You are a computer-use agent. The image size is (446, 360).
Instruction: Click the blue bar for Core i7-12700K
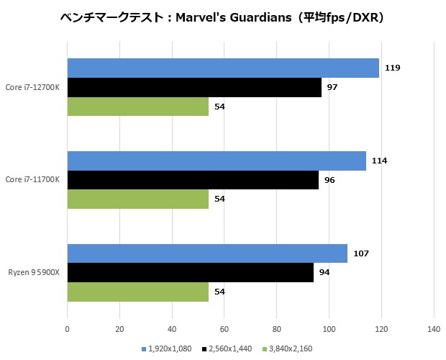click(223, 68)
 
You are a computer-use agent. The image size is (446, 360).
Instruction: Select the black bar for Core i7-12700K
click(194, 87)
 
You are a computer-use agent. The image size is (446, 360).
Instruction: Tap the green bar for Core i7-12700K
click(138, 107)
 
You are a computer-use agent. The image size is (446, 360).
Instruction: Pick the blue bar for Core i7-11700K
click(217, 161)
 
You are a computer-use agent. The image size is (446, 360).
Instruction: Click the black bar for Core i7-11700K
click(193, 180)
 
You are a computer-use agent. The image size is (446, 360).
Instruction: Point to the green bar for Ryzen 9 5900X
click(138, 292)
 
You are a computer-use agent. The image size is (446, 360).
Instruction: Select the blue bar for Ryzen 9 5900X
click(207, 253)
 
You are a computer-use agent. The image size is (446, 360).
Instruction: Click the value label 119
click(392, 68)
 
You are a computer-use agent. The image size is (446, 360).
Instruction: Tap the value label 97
click(332, 87)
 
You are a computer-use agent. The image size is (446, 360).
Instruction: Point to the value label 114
click(379, 161)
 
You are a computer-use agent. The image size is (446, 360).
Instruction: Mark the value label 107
click(360, 253)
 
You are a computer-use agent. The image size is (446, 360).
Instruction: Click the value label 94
click(324, 273)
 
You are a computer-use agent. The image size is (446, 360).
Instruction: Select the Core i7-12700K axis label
click(33, 87)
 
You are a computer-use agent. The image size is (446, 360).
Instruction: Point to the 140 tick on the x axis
click(433, 330)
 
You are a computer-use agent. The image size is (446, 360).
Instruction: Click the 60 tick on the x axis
click(224, 330)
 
